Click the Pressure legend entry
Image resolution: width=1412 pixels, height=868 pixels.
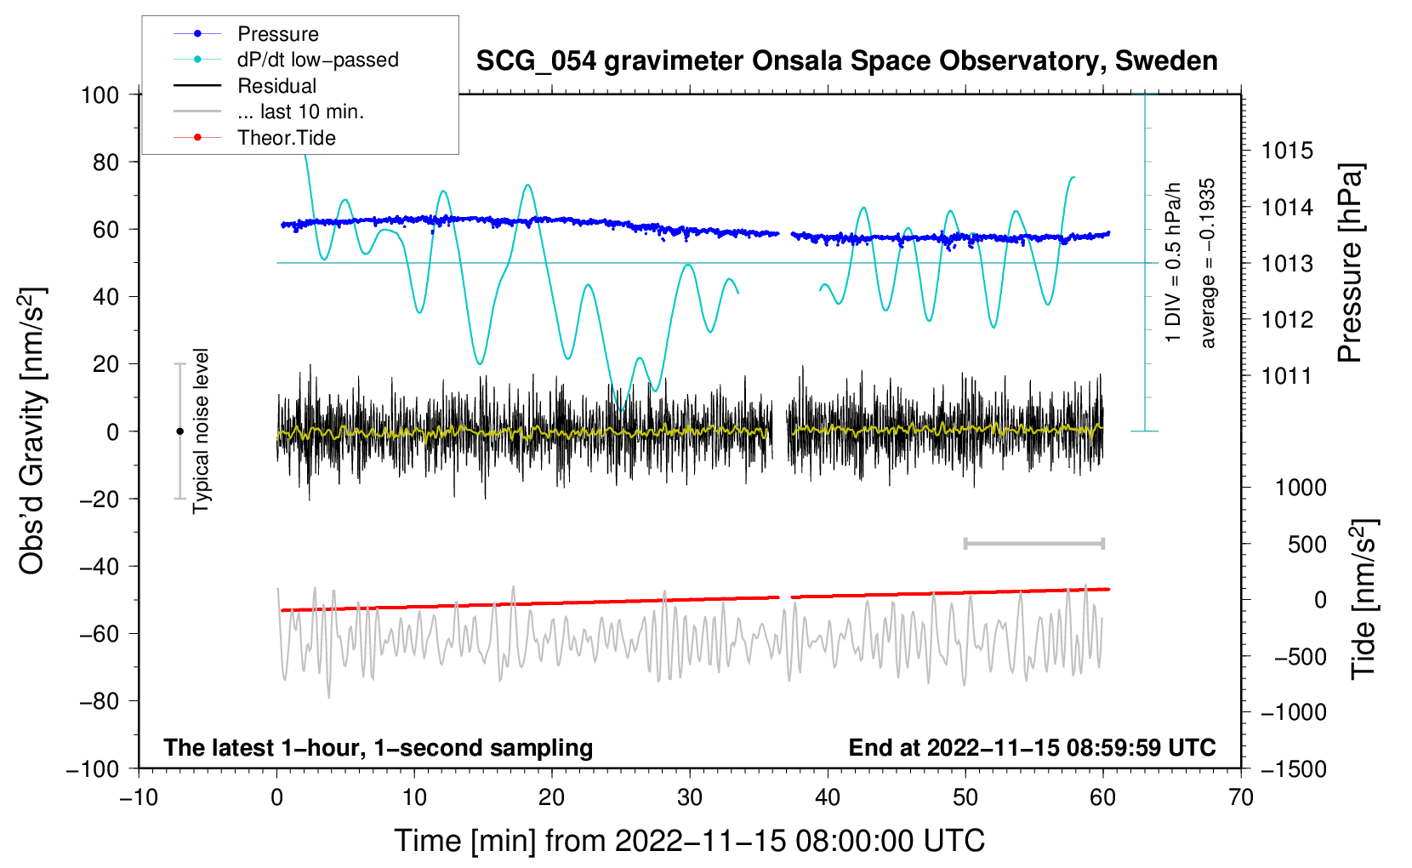(x=246, y=33)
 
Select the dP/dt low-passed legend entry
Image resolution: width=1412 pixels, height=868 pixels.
(x=286, y=60)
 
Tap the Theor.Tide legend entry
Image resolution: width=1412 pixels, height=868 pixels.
(x=254, y=138)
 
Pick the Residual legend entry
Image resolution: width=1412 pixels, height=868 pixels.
(x=245, y=86)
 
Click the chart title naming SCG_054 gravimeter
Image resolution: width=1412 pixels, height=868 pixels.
(x=846, y=61)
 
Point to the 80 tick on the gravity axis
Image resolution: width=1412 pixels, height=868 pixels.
(x=105, y=163)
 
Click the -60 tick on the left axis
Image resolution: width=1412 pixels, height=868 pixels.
(x=99, y=634)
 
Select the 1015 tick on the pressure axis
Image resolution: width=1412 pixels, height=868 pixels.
(x=1287, y=151)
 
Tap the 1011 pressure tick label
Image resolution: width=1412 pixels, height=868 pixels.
(x=1287, y=376)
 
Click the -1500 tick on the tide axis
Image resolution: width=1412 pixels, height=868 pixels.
(x=1294, y=769)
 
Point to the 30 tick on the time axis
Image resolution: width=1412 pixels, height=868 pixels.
(x=690, y=798)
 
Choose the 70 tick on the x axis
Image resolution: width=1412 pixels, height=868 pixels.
(x=1240, y=798)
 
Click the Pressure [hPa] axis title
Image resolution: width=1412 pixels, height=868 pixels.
(x=1350, y=263)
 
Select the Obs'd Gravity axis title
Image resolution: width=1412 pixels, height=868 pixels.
(x=31, y=431)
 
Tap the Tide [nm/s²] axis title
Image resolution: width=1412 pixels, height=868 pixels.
(x=1364, y=599)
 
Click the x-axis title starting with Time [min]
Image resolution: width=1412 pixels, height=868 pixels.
(x=690, y=841)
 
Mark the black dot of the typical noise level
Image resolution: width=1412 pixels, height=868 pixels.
(x=179, y=431)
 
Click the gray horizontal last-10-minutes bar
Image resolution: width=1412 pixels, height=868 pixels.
(x=1033, y=543)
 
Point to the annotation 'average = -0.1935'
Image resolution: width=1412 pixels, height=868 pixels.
(x=1207, y=263)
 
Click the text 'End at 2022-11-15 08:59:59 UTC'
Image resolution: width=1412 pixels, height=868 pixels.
(x=1032, y=747)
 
